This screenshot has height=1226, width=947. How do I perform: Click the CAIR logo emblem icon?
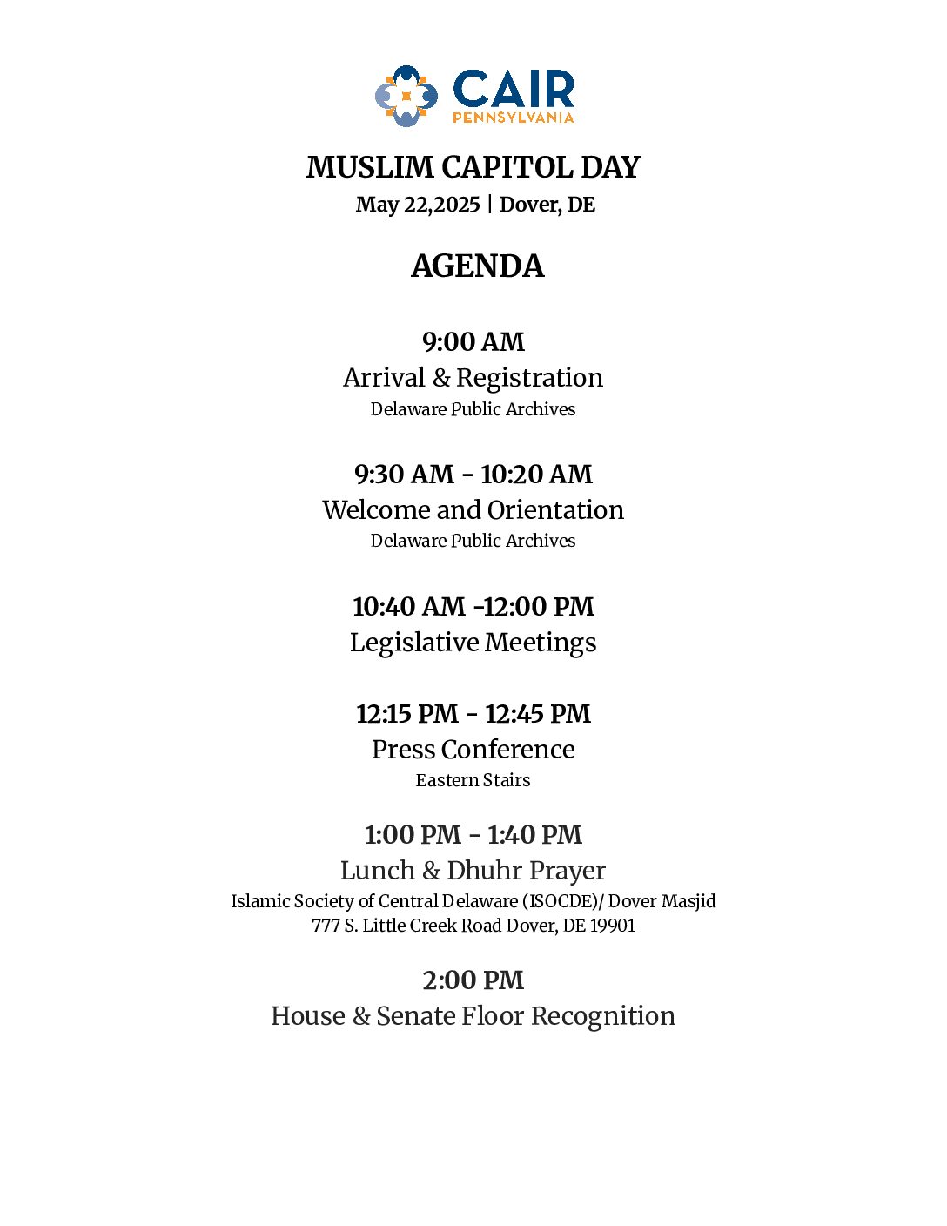click(406, 96)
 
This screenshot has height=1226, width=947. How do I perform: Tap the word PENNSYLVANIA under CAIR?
click(513, 118)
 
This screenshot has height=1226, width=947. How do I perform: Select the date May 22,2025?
click(418, 205)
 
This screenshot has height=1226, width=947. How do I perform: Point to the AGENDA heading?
click(477, 266)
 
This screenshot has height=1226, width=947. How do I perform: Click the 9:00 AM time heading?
click(473, 342)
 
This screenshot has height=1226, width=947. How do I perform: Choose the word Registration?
click(529, 378)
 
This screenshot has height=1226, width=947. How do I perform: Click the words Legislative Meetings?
click(473, 643)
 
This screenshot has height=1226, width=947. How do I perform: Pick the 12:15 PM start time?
click(406, 714)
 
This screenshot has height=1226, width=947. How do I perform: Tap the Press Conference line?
click(473, 750)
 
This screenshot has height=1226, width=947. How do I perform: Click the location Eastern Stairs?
click(473, 780)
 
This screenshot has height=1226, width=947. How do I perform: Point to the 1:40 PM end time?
click(534, 835)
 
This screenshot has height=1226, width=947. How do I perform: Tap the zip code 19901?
click(613, 926)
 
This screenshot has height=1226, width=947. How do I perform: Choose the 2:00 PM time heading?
click(473, 980)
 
